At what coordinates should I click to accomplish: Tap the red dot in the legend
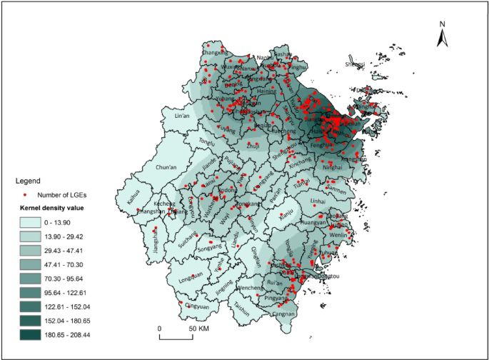(24, 194)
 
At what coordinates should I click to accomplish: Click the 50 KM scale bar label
(198, 329)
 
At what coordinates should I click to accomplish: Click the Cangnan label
(283, 314)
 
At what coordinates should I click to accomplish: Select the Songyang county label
(210, 248)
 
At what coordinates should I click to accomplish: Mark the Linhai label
(318, 201)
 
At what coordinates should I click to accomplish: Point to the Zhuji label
(253, 146)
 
